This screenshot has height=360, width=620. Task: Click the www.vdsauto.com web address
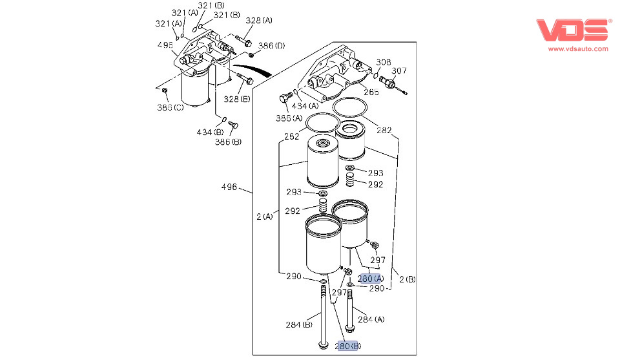click(x=578, y=49)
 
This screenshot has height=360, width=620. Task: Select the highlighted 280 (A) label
click(x=370, y=279)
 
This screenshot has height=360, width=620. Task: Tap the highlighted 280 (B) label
click(x=348, y=346)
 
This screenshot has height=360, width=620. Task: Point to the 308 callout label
click(x=384, y=63)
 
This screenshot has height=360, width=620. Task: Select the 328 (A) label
click(x=259, y=21)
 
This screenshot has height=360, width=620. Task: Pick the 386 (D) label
click(x=271, y=46)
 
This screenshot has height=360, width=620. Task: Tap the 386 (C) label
click(x=170, y=107)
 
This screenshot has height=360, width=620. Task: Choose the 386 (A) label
click(x=288, y=118)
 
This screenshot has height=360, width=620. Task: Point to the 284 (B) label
click(x=299, y=324)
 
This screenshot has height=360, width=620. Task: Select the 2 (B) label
click(x=407, y=279)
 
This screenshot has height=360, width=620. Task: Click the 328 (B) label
click(x=237, y=99)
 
